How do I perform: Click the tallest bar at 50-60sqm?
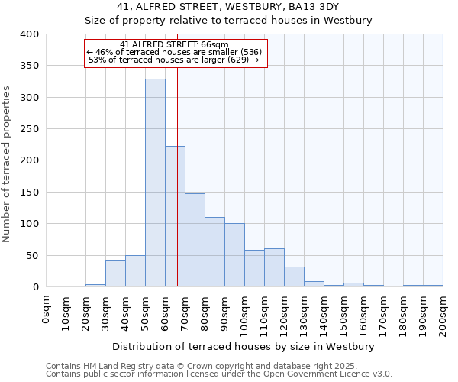pos(155,183)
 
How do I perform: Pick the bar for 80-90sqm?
pos(214,252)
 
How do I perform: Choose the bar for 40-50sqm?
pos(135,271)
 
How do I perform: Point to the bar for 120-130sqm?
pos(294,277)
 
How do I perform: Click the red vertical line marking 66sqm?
pos(177,153)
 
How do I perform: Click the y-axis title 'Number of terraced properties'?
pos(8,163)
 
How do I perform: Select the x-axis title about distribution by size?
pos(244,346)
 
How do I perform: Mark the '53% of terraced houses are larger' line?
pos(174,60)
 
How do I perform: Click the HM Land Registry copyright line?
pos(218,366)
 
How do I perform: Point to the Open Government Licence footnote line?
pos(219,374)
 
